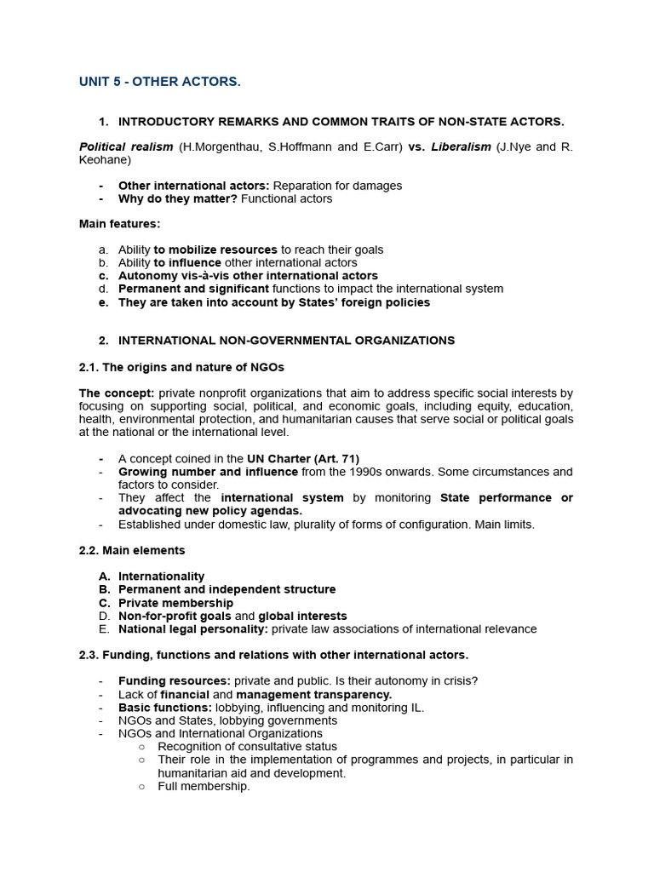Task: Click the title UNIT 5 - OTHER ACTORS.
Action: click(160, 82)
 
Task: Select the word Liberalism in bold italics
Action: click(461, 146)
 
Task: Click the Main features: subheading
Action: click(119, 224)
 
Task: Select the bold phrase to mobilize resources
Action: click(215, 250)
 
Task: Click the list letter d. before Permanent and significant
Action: click(103, 289)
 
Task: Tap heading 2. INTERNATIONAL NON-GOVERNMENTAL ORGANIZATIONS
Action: click(286, 341)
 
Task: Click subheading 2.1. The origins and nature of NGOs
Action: click(181, 367)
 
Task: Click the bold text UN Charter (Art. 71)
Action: click(303, 458)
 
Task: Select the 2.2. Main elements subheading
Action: click(132, 550)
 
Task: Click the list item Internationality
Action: click(161, 577)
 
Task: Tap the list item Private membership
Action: click(175, 603)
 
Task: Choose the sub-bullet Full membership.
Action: click(204, 786)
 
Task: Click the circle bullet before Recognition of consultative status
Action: click(141, 747)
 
